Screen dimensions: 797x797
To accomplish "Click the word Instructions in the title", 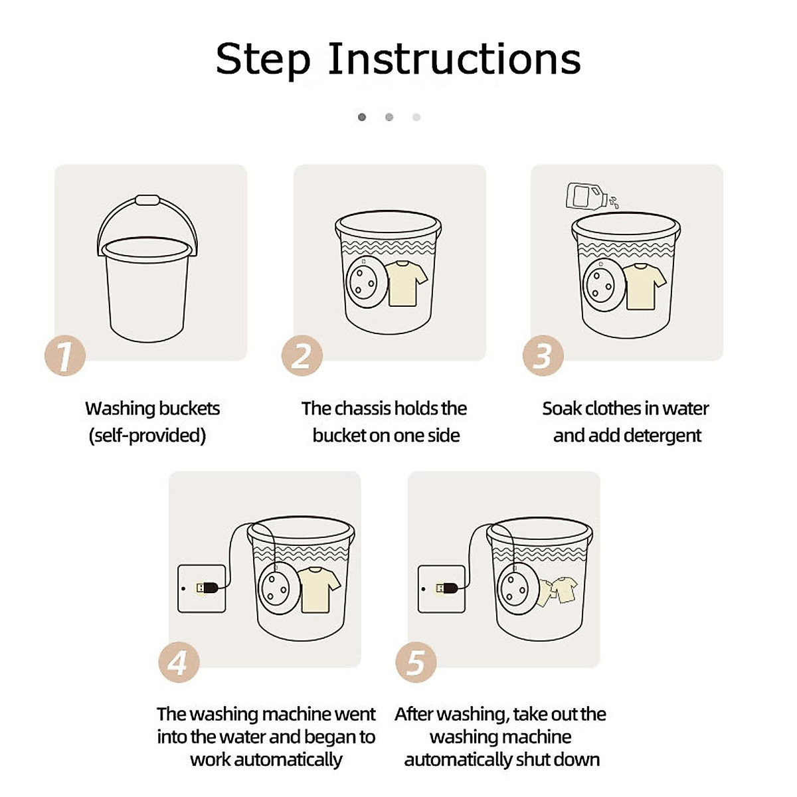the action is (x=454, y=58).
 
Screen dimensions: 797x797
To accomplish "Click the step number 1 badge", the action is (x=65, y=355).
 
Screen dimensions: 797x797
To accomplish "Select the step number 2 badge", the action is (x=302, y=355).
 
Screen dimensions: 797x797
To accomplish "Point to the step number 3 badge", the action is (x=543, y=355).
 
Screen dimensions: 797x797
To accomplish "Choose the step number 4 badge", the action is (x=179, y=662).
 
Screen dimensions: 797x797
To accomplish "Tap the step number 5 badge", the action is (x=416, y=662).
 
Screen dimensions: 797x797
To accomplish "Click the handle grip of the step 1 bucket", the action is (x=147, y=200).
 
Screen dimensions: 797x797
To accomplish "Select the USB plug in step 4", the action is (x=207, y=588).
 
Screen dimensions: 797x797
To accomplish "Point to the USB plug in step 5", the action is (x=447, y=588).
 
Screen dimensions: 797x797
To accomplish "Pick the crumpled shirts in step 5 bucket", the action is (x=557, y=590).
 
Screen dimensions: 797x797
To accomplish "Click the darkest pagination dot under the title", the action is (x=362, y=117).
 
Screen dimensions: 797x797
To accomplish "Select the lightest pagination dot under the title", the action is (x=416, y=117).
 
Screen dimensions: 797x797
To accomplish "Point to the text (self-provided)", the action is (x=147, y=436).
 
